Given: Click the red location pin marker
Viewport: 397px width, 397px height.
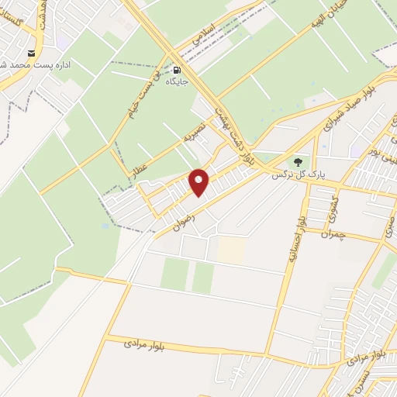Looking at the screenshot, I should (x=200, y=181).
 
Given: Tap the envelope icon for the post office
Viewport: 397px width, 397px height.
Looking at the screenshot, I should (x=31, y=53).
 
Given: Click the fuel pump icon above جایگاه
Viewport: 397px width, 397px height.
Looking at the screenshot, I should (x=177, y=67).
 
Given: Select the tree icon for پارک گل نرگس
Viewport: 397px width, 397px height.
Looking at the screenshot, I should (x=299, y=163).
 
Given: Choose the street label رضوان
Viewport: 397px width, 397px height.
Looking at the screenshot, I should (x=177, y=212).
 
